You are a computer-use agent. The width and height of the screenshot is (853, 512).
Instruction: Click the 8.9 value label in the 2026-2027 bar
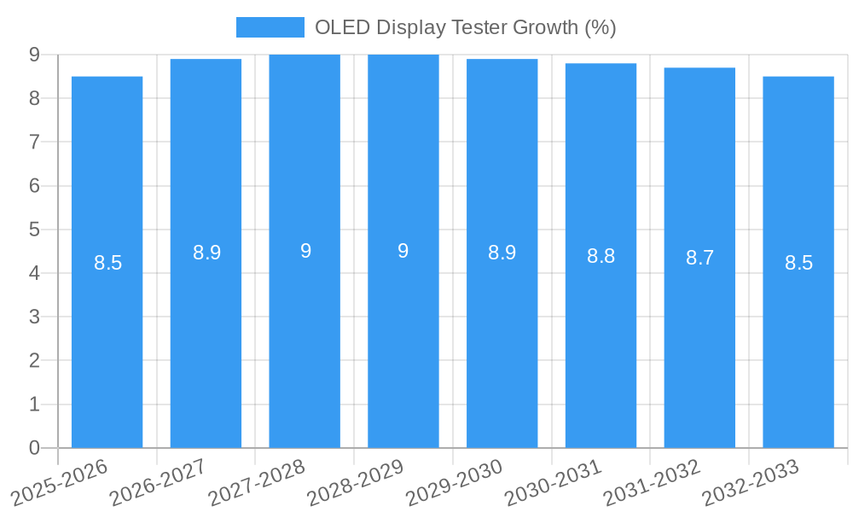pos(206,253)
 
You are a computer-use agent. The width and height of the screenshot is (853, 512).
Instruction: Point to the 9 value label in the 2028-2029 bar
pos(403,251)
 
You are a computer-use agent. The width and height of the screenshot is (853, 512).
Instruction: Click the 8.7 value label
pos(699,258)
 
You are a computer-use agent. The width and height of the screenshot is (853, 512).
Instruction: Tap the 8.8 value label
pos(601,256)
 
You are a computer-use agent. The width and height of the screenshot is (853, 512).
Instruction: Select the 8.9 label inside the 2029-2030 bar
pos(502,253)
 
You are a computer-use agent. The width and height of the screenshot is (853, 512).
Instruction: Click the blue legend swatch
pos(270,27)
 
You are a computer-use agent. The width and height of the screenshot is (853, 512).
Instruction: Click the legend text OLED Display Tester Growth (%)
pos(465,27)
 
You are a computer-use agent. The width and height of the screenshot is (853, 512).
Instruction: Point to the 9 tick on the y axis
pos(34,55)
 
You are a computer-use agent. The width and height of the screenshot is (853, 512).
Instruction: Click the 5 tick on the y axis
pos(34,230)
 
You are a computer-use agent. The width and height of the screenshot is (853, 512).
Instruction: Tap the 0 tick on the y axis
pos(34,448)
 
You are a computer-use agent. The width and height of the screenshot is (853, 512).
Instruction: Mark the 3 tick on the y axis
pos(34,317)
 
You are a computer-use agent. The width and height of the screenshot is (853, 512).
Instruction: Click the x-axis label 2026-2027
pos(160,482)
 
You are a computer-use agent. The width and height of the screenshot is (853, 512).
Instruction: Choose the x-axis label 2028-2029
pos(357,482)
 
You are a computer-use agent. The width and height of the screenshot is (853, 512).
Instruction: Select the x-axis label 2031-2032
pos(653,482)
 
